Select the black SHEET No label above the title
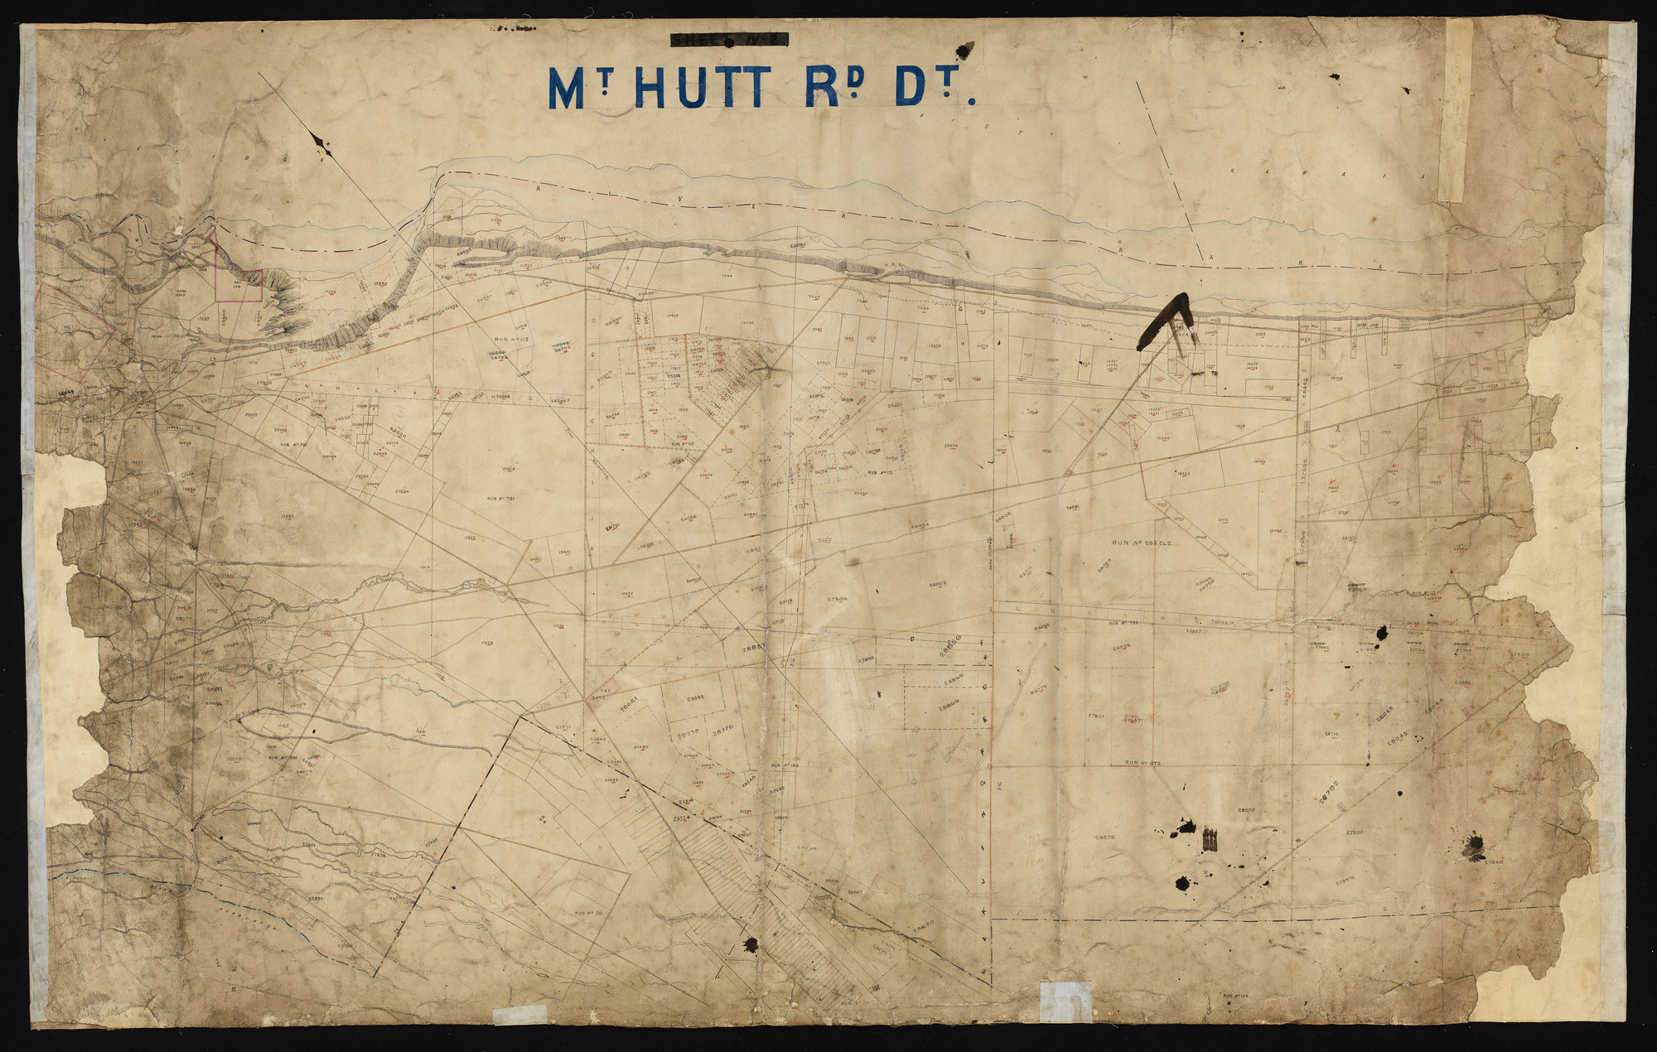[x=729, y=39]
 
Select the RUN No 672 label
[x=1151, y=762]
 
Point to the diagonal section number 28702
[x=1331, y=790]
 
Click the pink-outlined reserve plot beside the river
[x=238, y=277]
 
